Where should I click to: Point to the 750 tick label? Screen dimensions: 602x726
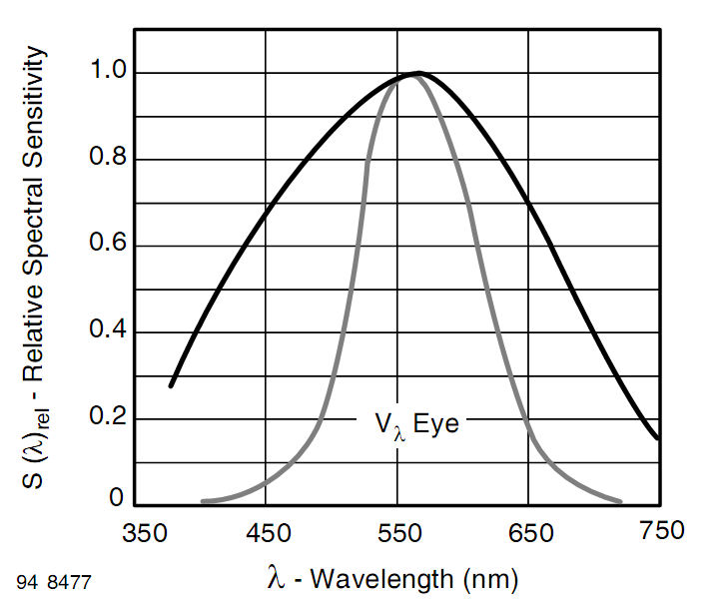tap(659, 529)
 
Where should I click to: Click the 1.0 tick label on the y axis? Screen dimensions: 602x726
tap(105, 74)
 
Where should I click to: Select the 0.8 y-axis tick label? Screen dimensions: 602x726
tap(105, 160)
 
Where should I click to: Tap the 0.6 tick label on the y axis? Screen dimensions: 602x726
tap(105, 246)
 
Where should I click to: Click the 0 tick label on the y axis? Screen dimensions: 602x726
tap(116, 498)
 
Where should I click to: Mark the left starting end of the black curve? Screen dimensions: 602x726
tap(172, 385)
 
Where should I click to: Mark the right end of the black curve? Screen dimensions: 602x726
tap(658, 437)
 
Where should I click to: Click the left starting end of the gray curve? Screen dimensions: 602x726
tap(203, 501)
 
